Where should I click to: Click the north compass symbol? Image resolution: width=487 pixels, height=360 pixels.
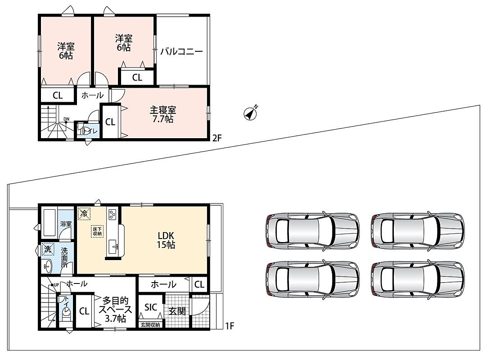250,113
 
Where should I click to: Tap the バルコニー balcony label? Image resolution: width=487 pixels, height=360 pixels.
182,51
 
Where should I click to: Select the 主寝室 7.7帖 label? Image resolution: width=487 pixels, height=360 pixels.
163,114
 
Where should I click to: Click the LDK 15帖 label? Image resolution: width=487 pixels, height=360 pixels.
166,240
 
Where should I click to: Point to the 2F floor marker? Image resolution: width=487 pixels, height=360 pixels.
217,138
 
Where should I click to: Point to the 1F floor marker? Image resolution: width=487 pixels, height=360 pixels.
230,326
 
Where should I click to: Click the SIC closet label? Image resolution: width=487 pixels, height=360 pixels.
151,307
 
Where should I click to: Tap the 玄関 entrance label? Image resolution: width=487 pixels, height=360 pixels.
177,311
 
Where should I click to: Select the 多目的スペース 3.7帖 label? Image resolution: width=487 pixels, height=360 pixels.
115,309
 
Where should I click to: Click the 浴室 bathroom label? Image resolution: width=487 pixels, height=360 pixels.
66,224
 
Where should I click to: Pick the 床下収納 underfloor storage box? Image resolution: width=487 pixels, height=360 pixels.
97,231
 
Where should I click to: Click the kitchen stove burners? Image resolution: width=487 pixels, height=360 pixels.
112,214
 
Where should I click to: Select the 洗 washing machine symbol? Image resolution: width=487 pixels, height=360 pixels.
48,249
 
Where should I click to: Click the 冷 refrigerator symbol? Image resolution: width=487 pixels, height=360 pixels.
84,213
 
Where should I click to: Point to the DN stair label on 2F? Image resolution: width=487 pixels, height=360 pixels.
67,119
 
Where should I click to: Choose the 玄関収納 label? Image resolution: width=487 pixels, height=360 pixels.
151,324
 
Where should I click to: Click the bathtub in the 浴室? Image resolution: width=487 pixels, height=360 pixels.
50,223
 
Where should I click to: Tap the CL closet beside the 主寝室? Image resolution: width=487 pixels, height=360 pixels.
110,122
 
